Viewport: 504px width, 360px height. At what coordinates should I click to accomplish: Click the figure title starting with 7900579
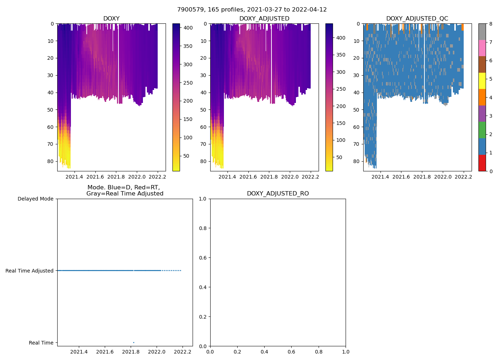[252, 10]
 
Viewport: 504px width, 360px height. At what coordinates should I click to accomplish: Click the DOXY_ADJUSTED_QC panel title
[417, 19]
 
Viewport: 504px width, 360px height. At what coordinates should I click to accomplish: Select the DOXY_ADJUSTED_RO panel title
[278, 194]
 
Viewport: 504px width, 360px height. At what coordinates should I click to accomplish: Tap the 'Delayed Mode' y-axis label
[35, 199]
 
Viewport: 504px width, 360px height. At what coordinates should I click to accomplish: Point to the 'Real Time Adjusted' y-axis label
[30, 271]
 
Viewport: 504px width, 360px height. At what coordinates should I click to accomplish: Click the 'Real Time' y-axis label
[41, 343]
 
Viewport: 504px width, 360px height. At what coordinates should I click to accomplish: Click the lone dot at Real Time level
[134, 342]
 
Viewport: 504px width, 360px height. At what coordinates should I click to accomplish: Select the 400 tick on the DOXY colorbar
[188, 28]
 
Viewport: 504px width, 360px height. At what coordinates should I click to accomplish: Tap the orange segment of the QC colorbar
[482, 97]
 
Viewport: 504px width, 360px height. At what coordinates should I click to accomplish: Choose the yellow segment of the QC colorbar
[482, 81]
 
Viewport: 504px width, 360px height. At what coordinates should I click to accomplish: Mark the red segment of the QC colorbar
[482, 163]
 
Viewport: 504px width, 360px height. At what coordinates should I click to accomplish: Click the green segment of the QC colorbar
[482, 130]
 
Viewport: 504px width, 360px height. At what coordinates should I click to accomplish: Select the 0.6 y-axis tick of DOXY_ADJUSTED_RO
[203, 258]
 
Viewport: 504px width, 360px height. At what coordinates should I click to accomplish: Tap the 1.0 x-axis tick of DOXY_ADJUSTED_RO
[346, 352]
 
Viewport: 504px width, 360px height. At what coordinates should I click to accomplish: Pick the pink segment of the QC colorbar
[482, 48]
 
